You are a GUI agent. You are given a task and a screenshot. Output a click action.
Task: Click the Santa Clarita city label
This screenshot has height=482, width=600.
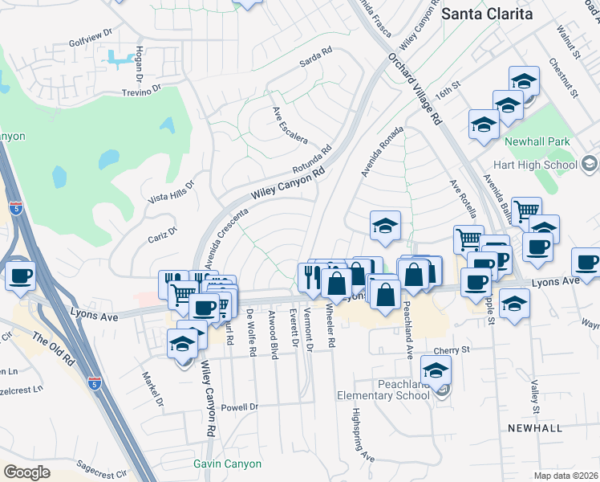tap(487, 14)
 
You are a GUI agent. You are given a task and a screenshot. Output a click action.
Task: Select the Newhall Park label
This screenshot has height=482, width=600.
tap(537, 142)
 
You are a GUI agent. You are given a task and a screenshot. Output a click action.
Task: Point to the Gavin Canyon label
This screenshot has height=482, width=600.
tap(227, 464)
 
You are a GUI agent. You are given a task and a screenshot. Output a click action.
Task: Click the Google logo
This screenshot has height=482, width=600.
tap(26, 472)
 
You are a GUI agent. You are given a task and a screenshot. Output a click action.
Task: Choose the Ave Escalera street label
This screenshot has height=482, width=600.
tap(290, 125)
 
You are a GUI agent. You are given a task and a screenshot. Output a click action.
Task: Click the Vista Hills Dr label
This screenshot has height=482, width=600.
tap(172, 191)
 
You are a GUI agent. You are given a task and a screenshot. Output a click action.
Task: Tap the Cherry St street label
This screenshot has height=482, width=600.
tap(451, 351)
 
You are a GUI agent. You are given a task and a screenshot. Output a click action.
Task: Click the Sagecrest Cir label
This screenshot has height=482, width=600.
tap(102, 464)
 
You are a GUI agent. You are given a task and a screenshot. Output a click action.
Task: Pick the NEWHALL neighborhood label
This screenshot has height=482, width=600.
tap(535, 428)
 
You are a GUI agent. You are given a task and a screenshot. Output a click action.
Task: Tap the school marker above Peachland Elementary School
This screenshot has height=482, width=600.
tap(436, 371)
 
